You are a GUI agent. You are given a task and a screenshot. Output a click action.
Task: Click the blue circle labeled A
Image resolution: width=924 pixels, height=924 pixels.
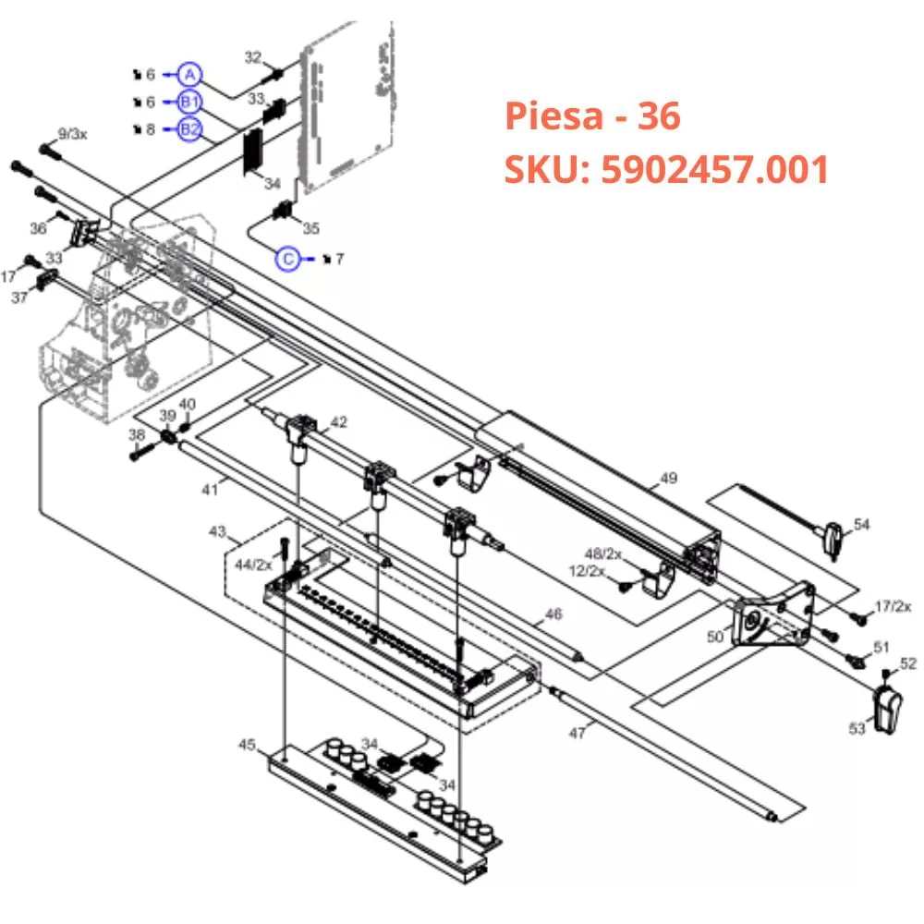(x=189, y=74)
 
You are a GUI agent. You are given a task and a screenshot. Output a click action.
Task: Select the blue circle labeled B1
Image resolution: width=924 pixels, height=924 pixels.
(x=189, y=102)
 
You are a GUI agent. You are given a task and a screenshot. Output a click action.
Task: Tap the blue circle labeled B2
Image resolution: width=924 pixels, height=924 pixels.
(x=189, y=129)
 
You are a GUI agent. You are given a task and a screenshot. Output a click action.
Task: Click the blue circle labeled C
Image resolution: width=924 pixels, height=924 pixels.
(x=289, y=260)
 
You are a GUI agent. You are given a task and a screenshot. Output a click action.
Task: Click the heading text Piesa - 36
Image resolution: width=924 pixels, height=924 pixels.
(x=592, y=116)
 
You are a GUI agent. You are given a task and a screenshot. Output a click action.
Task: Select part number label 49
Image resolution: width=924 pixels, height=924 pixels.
(x=668, y=479)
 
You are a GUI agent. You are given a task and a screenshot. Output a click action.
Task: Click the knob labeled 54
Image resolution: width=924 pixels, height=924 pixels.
(x=833, y=537)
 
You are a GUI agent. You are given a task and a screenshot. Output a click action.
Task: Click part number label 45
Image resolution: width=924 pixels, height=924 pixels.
(x=247, y=744)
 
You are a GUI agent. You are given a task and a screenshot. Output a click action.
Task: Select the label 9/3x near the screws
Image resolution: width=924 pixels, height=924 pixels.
(x=72, y=134)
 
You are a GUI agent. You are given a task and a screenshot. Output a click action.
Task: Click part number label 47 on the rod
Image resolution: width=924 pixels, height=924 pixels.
(x=577, y=732)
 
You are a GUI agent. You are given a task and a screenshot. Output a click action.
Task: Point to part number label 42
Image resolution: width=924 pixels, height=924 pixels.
(x=339, y=422)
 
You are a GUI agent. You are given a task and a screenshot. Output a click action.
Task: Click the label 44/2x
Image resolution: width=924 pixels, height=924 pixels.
(x=254, y=564)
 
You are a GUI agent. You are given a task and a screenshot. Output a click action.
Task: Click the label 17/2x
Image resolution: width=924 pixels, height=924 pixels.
(x=893, y=606)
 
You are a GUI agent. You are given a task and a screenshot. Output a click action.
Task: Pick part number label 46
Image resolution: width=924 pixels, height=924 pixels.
(x=553, y=613)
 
